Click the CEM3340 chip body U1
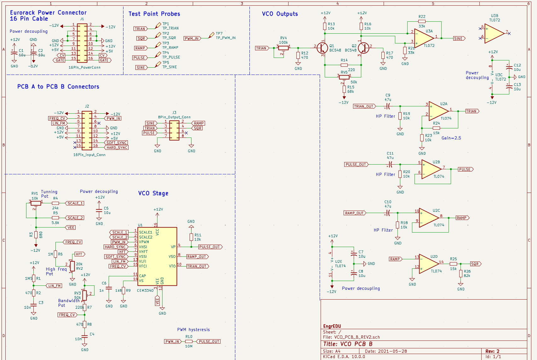pyautogui.click(x=157, y=256)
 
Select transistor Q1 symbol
pyautogui.click(x=322, y=48)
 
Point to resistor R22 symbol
pyautogui.click(x=422, y=21)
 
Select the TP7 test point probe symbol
pyautogui.click(x=211, y=35)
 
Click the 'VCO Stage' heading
pyautogui.click(x=153, y=193)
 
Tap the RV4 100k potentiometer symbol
pyautogui.click(x=283, y=48)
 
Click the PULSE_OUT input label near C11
pyautogui.click(x=356, y=165)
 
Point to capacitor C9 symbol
pyautogui.click(x=388, y=106)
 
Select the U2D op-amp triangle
pyautogui.click(x=429, y=264)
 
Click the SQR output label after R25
pyautogui.click(x=476, y=264)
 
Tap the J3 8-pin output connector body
pyautogui.click(x=174, y=130)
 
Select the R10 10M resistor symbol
pyautogui.click(x=189, y=341)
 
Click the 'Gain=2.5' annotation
pyautogui.click(x=451, y=138)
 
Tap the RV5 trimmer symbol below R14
pyautogui.click(x=344, y=77)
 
